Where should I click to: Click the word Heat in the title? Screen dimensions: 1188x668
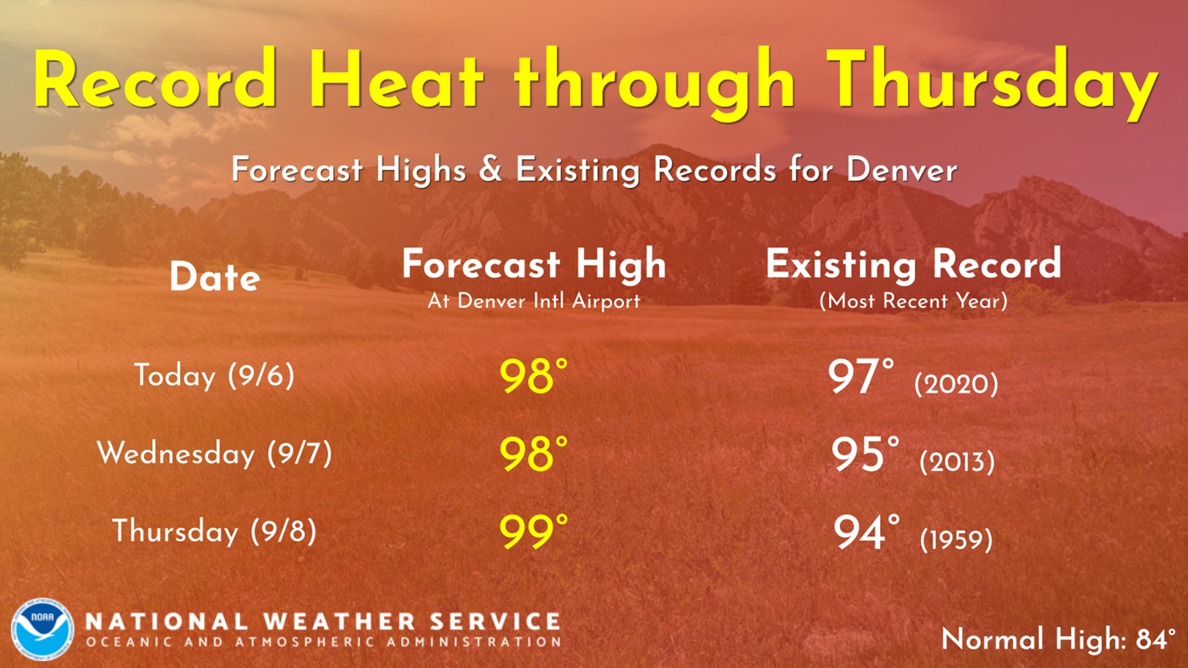[x=396, y=78]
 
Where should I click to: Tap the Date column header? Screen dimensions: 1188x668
[x=215, y=277]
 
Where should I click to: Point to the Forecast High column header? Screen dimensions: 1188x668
[x=534, y=264]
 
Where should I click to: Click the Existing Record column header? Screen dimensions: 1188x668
[x=914, y=264]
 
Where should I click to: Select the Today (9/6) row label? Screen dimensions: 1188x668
[x=214, y=375]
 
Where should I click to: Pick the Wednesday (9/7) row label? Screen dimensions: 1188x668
[x=214, y=454]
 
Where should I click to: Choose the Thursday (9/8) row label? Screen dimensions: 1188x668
[x=214, y=531]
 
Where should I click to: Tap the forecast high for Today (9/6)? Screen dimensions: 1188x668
[x=533, y=376]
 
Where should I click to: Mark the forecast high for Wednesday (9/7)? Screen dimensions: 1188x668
[x=533, y=454]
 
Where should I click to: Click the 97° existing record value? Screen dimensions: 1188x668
[x=861, y=376]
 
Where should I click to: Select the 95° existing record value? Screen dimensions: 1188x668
[x=865, y=454]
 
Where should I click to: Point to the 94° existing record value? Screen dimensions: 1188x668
[x=866, y=531]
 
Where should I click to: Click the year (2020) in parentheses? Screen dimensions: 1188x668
[x=956, y=384]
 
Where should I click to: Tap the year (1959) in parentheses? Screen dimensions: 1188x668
[x=956, y=539]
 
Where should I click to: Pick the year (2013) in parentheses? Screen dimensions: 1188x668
[x=957, y=461]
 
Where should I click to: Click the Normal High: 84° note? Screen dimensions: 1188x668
[x=1059, y=639]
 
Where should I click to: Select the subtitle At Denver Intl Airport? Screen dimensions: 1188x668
[x=534, y=301]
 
